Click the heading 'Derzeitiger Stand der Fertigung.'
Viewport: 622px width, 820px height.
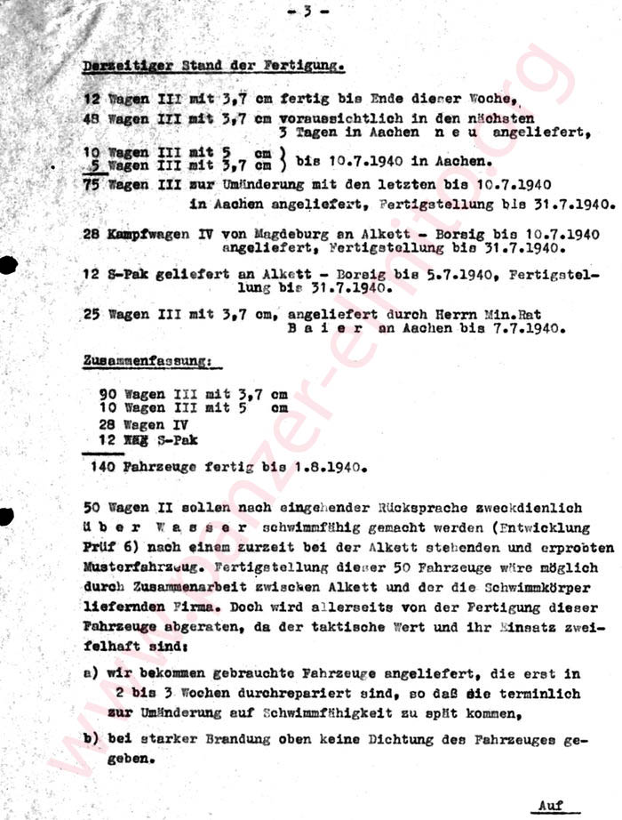(x=213, y=66)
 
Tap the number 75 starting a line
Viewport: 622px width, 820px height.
(x=92, y=185)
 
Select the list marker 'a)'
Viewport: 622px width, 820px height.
(x=90, y=674)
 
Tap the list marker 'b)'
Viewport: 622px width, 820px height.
(x=90, y=739)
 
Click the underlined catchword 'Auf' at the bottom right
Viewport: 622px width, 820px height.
(x=551, y=804)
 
